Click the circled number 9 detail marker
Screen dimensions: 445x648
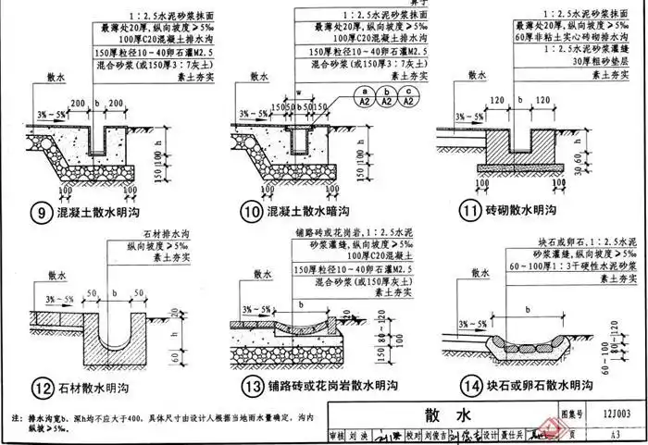point(40,214)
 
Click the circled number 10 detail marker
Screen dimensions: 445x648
point(248,213)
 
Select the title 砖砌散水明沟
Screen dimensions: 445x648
point(525,211)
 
